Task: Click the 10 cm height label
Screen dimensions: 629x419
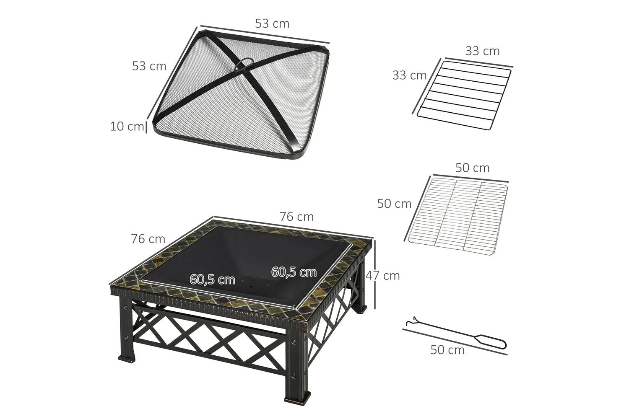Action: (x=127, y=126)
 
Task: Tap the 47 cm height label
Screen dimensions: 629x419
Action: (x=383, y=276)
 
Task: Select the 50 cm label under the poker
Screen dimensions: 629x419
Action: (x=447, y=350)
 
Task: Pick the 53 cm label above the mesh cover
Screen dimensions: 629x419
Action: (x=272, y=23)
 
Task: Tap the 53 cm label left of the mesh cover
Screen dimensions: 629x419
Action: (x=149, y=66)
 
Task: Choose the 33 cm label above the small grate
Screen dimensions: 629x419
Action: (x=482, y=51)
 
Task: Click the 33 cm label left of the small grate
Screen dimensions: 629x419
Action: (x=409, y=75)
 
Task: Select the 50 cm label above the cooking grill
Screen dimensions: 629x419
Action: (x=472, y=168)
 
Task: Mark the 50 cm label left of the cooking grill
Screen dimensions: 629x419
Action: (x=394, y=204)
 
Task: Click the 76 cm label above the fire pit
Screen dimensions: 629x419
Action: (x=296, y=217)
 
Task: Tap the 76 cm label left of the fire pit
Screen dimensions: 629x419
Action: (x=148, y=239)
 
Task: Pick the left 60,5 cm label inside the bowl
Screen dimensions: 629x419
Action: (x=212, y=279)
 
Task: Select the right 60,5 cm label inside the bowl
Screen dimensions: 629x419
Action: (x=294, y=272)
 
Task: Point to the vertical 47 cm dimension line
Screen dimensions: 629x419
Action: (x=374, y=274)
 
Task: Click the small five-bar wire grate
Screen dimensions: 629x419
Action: (x=464, y=96)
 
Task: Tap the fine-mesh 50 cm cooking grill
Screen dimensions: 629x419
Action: (x=458, y=216)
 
